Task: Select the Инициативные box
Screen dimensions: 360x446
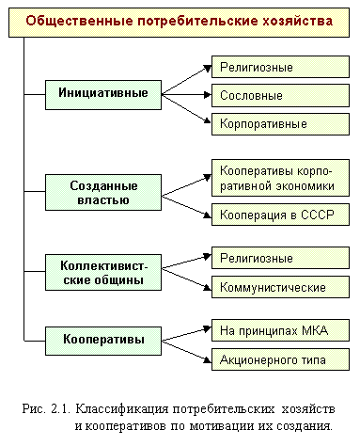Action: click(103, 95)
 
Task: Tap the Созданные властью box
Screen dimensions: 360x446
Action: click(103, 192)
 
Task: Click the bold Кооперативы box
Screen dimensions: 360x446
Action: click(103, 340)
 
